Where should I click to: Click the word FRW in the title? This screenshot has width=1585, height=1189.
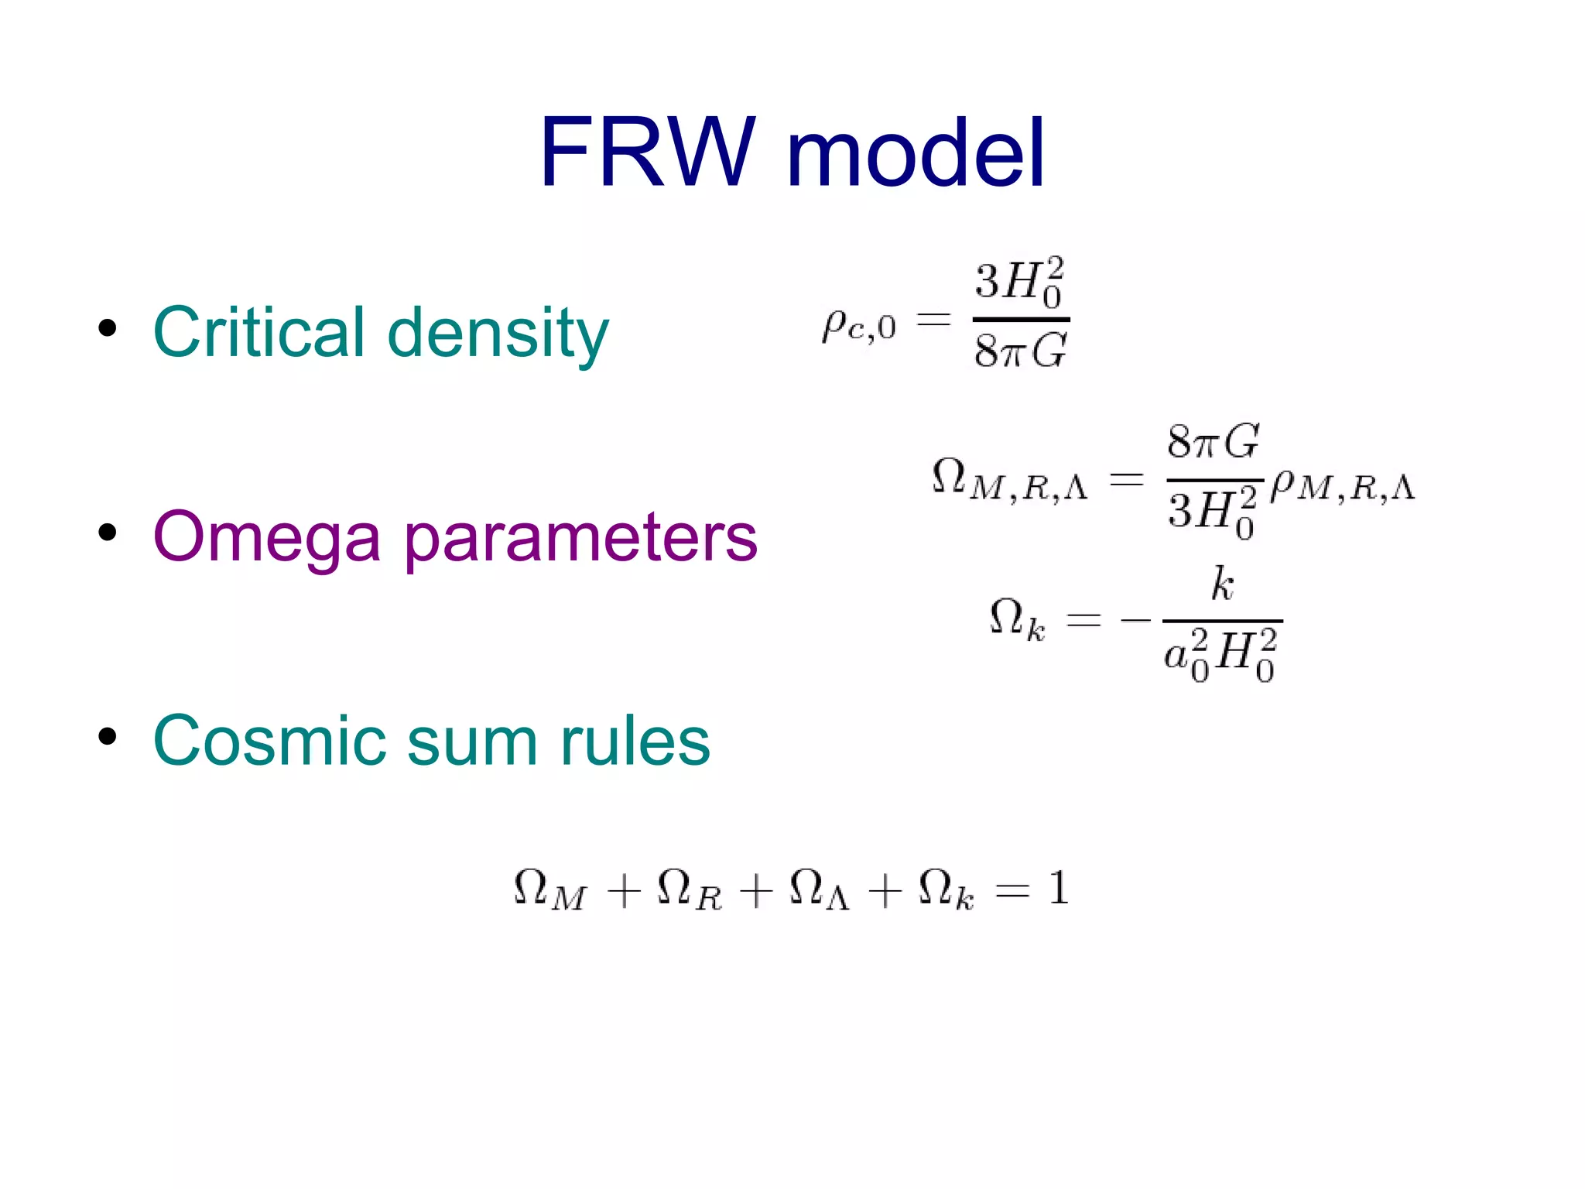click(x=646, y=152)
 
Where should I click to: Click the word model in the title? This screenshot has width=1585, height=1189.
click(x=916, y=152)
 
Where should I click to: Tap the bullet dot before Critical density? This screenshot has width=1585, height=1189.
click(x=108, y=328)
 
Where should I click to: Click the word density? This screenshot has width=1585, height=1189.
click(x=498, y=334)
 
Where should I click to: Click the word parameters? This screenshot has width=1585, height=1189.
click(x=580, y=540)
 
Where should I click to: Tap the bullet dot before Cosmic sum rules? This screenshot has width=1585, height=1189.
click(x=108, y=736)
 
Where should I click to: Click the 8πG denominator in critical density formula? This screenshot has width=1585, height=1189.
click(x=1020, y=351)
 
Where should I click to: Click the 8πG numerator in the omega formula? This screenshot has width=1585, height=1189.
click(x=1213, y=442)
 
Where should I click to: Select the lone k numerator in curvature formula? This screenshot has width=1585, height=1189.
click(x=1222, y=584)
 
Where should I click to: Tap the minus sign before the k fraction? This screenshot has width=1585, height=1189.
click(x=1135, y=619)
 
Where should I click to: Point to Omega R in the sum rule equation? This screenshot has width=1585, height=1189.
click(x=689, y=890)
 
